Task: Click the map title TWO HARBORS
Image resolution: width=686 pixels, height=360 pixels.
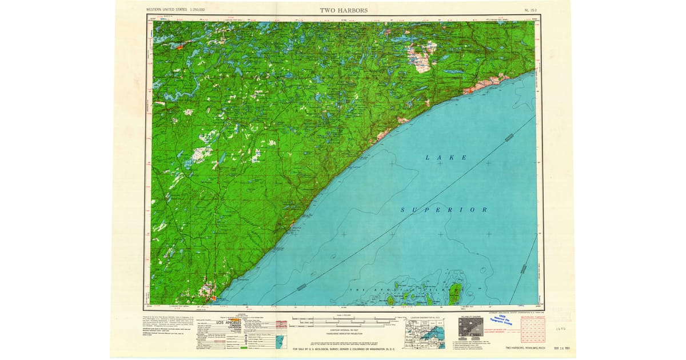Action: coord(344,10)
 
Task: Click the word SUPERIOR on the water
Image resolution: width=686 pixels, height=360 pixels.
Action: coord(444,210)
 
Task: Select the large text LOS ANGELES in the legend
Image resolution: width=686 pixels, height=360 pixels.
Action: coord(229,323)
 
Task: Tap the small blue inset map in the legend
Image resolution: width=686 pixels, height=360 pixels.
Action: coord(280,343)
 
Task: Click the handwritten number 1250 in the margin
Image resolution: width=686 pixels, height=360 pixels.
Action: coord(561,330)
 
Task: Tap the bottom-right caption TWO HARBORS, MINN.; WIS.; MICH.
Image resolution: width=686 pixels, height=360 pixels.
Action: coord(523,348)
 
